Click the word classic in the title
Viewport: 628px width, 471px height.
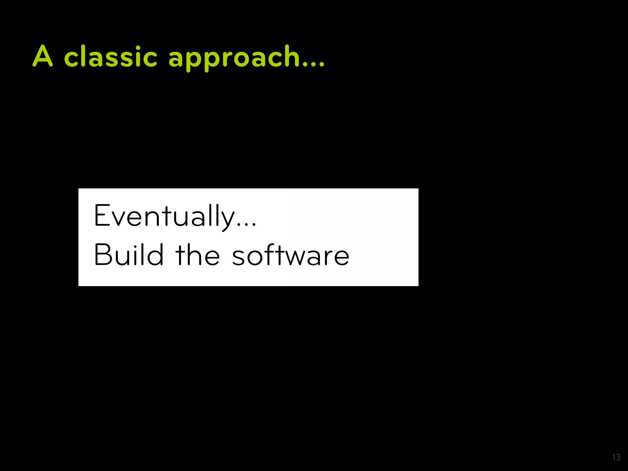point(111,56)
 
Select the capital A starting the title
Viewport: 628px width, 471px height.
point(43,56)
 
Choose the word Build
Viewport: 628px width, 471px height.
point(129,255)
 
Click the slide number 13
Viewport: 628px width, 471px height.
point(616,458)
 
